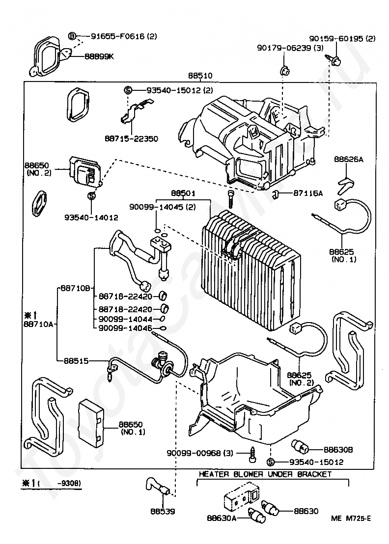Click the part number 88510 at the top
pyautogui.click(x=200, y=76)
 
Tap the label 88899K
pyautogui.click(x=99, y=56)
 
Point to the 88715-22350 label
pyautogui.click(x=131, y=139)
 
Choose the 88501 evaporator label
pyautogui.click(x=183, y=193)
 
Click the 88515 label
pyautogui.click(x=76, y=360)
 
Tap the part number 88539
pyautogui.click(x=163, y=511)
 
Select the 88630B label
pyautogui.click(x=338, y=449)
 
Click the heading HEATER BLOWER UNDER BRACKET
pyautogui.click(x=265, y=474)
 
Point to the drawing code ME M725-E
pyautogui.click(x=351, y=518)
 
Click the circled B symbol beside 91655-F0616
pyautogui.click(x=72, y=36)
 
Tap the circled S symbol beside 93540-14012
pyautogui.click(x=91, y=196)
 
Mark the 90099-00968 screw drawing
pyautogui.click(x=252, y=453)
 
